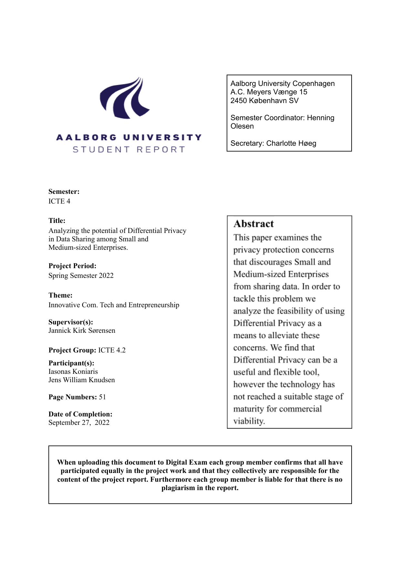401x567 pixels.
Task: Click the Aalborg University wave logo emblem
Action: point(125,98)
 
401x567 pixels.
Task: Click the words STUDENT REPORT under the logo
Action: point(129,150)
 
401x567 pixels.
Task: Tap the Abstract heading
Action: point(253,224)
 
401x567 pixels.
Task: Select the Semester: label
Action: point(64,192)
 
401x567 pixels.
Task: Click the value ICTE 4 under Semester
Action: point(59,201)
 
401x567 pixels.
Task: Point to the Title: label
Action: point(57,221)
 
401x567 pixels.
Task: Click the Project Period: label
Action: point(72,266)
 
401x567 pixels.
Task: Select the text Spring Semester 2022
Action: point(81,276)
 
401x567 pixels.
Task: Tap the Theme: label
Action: point(60,295)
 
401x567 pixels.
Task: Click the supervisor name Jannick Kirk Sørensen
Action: point(82,331)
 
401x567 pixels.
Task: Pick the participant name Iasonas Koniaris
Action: point(73,372)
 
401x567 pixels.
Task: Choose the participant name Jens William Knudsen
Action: point(82,380)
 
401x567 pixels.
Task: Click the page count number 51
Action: point(102,397)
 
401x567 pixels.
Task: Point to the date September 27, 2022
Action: point(79,423)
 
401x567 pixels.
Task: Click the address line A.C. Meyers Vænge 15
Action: point(269,92)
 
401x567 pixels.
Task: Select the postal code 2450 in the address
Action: point(239,100)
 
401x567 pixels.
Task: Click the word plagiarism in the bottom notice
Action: point(180,488)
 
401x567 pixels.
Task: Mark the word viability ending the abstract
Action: point(249,421)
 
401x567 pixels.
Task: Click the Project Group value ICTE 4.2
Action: point(112,350)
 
